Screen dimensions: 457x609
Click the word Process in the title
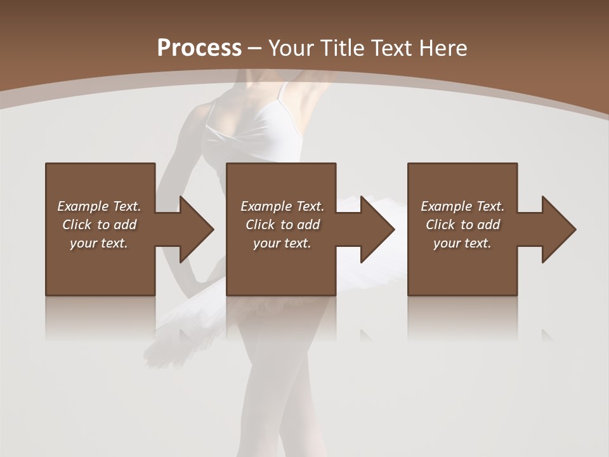point(199,48)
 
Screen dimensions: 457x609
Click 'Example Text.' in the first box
point(99,206)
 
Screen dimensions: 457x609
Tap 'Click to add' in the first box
point(99,225)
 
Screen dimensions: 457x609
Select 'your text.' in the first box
point(99,243)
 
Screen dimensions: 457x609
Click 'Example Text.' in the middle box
point(282,206)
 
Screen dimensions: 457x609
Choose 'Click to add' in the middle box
point(282,225)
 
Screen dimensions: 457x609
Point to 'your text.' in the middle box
point(282,243)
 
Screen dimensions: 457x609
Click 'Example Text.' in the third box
point(462,206)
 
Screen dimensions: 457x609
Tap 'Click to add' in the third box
point(462,225)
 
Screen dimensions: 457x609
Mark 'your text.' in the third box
point(462,243)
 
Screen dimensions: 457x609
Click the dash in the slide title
point(255,48)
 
